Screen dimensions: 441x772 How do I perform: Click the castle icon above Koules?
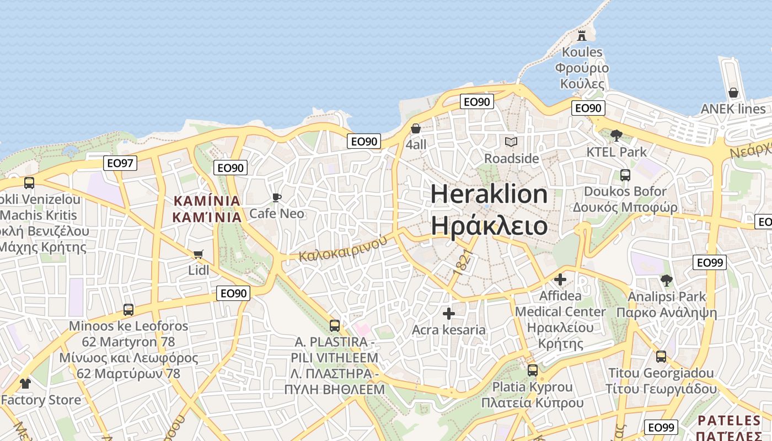pos(581,36)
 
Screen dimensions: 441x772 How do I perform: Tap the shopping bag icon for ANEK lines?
pos(733,93)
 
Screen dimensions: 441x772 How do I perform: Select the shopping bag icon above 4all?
pos(416,128)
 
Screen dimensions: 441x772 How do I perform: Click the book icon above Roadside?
pos(511,142)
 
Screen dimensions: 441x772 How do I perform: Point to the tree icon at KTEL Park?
pos(616,135)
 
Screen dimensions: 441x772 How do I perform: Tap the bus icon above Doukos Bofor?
pos(625,175)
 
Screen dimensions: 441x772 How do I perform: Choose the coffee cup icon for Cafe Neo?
pos(277,197)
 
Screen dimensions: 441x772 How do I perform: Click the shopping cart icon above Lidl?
pos(199,254)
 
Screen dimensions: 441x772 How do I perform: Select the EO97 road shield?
pos(120,163)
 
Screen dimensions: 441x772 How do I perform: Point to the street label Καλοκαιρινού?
pos(340,249)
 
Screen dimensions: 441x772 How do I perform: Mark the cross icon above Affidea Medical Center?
pos(560,279)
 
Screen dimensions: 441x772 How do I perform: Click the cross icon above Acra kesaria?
pos(449,314)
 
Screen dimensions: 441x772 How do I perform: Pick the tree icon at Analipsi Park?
pos(667,280)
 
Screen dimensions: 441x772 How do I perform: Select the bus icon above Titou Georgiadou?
pos(661,357)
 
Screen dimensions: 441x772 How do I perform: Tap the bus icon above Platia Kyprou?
pos(533,370)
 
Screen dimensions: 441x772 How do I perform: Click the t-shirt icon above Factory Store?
pos(25,383)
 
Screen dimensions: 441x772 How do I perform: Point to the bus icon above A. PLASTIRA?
pos(335,325)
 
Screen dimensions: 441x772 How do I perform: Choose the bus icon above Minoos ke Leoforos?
pos(128,310)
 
